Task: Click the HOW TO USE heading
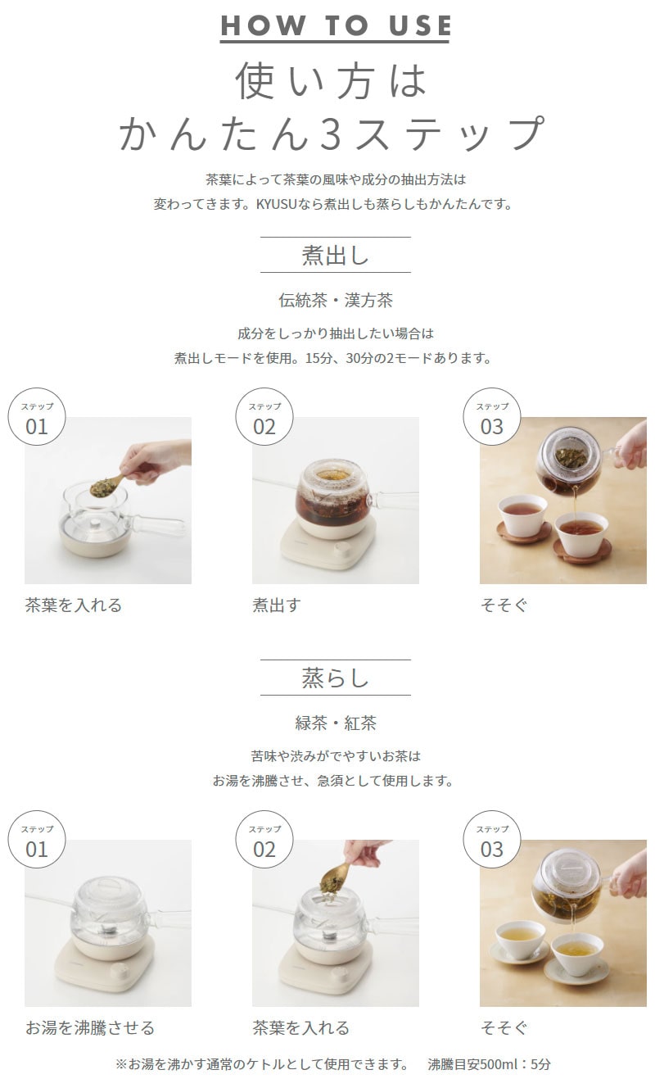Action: click(x=336, y=25)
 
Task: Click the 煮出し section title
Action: click(x=336, y=255)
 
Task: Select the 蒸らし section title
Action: click(x=336, y=678)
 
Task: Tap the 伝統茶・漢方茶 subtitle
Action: click(x=336, y=301)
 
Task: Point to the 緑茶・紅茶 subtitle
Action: click(x=336, y=723)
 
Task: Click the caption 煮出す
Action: click(x=277, y=605)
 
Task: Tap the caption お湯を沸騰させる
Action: click(x=90, y=1027)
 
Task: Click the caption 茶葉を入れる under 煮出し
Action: click(x=74, y=605)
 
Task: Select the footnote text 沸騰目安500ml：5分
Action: click(x=489, y=1064)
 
